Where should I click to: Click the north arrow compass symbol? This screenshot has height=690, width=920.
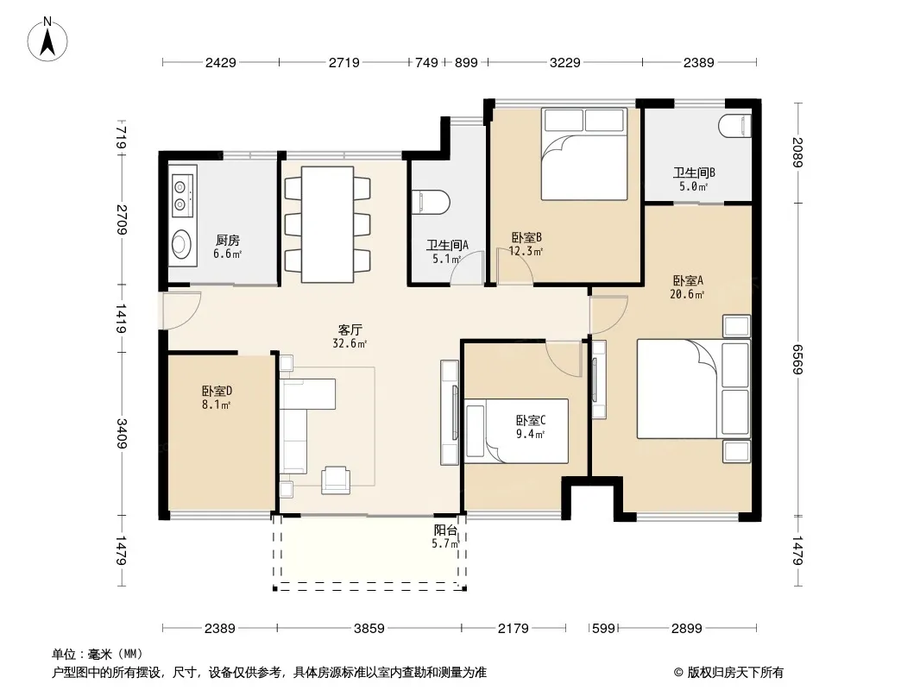[47, 40]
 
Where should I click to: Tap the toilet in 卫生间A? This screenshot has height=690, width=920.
[431, 202]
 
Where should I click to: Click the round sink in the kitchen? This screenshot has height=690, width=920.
[181, 244]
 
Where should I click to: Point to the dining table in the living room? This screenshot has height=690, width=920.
[327, 224]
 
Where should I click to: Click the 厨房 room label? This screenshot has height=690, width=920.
[228, 240]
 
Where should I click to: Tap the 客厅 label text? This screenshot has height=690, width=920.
[350, 329]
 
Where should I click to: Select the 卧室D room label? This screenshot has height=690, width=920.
[217, 391]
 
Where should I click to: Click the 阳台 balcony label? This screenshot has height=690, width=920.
[445, 530]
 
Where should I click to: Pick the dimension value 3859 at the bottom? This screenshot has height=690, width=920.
[369, 629]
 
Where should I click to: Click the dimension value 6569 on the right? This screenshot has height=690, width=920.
[797, 360]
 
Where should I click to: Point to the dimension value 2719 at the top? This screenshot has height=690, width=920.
[343, 62]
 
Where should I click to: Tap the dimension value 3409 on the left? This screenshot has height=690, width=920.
[122, 434]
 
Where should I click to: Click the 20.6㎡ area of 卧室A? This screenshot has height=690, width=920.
[687, 294]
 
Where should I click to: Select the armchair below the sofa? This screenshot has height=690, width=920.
[336, 479]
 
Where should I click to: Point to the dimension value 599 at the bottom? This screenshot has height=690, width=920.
[603, 629]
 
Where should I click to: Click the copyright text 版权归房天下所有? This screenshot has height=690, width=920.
[735, 673]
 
